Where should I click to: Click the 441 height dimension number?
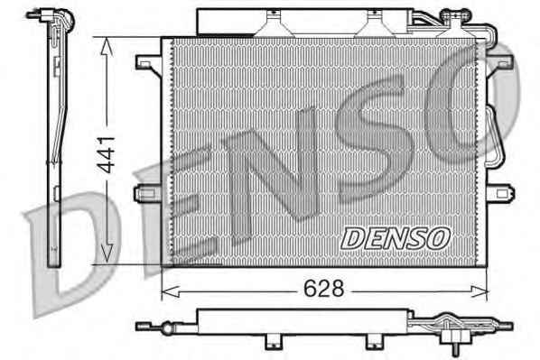106,155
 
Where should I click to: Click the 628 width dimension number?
323,289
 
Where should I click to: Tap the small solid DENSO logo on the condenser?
396,238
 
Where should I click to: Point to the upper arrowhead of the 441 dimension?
107,47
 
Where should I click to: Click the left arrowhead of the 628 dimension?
170,291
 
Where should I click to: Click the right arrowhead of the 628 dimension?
479,291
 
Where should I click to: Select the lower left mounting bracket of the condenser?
147,194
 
